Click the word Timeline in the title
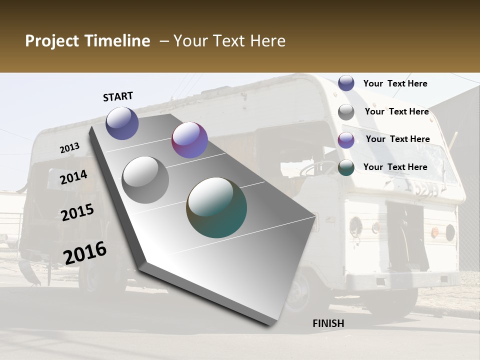117,41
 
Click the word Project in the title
51,41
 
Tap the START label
118,96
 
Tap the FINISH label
328,323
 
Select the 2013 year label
69,148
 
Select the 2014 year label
74,177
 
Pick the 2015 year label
77,212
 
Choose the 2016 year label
85,252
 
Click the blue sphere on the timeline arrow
122,123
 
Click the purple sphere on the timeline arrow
189,140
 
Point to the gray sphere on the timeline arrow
145,180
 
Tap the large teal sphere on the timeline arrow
216,207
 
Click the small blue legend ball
346,83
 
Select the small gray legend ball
346,112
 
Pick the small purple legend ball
346,140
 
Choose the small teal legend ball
346,167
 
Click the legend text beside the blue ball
395,83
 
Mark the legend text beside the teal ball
395,167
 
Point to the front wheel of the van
300,290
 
